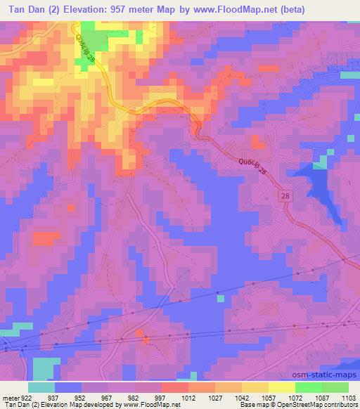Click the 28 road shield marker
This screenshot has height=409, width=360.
[284, 195]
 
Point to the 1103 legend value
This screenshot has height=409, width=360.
[348, 396]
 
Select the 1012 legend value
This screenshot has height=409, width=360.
[188, 396]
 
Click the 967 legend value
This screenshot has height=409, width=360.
[108, 396]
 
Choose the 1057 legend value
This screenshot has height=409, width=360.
[268, 396]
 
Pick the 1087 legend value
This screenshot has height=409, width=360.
[321, 396]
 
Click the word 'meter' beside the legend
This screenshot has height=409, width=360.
[10, 396]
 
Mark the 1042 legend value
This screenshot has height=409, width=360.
[241, 396]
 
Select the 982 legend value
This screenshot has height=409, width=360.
[135, 396]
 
